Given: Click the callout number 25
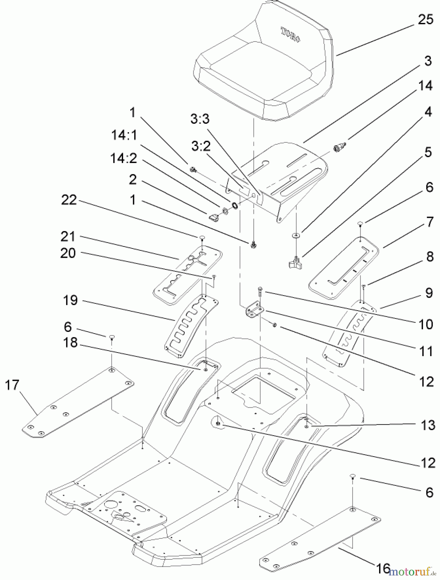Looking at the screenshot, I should [425, 20].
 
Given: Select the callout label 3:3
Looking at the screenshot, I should [200, 119].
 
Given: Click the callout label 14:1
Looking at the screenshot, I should [124, 135].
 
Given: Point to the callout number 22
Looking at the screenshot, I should [69, 200].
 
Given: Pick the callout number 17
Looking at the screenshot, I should [12, 385].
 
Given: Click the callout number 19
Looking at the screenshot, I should [70, 300].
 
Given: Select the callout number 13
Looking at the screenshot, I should [428, 425].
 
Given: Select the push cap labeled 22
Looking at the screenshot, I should [202, 237].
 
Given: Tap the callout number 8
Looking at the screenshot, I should [429, 257].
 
